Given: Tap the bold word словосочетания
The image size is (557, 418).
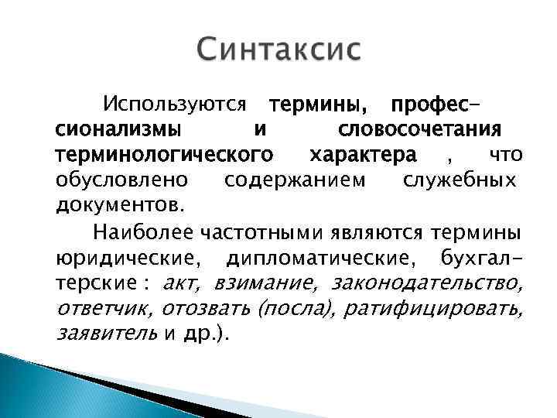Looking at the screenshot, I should pos(420,128).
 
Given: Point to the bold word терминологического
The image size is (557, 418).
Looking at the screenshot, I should pos(163,154).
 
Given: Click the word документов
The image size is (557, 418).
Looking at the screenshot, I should pos(120,206).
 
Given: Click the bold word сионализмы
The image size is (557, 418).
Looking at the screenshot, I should pos(115,128).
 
